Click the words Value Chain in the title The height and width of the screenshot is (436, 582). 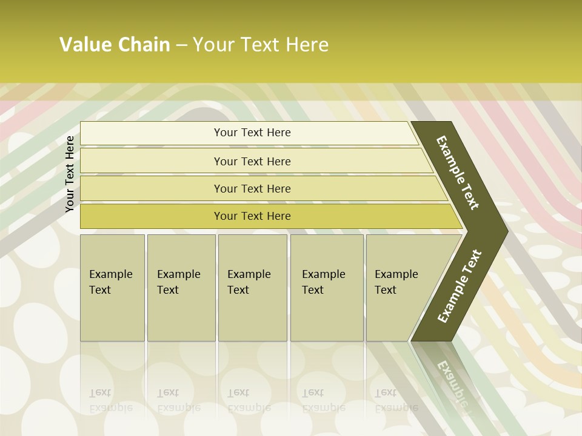(x=115, y=45)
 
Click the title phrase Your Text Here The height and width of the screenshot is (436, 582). (x=261, y=45)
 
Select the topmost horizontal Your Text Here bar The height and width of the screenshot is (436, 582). (x=252, y=133)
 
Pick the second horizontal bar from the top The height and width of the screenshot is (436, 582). (x=252, y=161)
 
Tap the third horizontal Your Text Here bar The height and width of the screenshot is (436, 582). (x=252, y=188)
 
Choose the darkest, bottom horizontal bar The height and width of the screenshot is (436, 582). (x=252, y=216)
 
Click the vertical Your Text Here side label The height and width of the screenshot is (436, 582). (x=70, y=174)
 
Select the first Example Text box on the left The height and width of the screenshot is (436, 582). (x=112, y=288)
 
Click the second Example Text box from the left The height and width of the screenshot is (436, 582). (x=181, y=288)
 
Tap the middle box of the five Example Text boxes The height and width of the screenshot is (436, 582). (x=252, y=288)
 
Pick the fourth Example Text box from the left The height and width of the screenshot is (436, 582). (x=327, y=288)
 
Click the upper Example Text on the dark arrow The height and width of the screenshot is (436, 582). (x=458, y=173)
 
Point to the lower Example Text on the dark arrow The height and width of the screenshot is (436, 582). (x=460, y=286)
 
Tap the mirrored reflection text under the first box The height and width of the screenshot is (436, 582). (x=111, y=400)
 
